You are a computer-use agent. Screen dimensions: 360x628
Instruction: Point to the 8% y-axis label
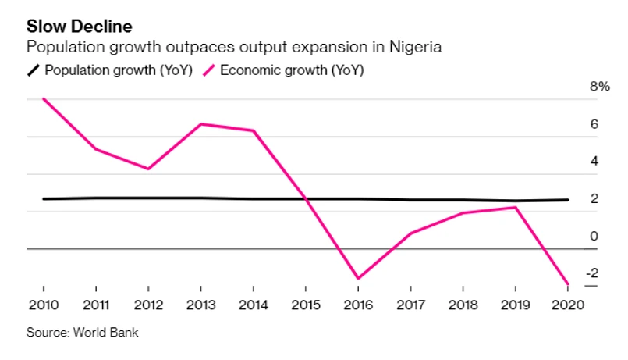click(x=598, y=87)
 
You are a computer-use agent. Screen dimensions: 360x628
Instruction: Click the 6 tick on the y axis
click(x=594, y=124)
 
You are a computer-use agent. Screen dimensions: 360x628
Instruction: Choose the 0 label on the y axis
click(x=594, y=236)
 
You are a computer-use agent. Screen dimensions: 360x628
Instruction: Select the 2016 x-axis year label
click(x=357, y=305)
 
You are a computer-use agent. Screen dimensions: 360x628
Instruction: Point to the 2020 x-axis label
click(x=567, y=305)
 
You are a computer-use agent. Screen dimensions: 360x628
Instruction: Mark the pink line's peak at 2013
click(x=200, y=124)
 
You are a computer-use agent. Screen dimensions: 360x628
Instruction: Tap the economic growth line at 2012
click(x=147, y=169)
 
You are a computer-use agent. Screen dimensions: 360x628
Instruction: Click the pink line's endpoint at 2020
click(x=567, y=283)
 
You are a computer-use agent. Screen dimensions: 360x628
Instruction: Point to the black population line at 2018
click(x=463, y=200)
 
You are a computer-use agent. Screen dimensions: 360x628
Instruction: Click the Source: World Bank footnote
click(x=83, y=332)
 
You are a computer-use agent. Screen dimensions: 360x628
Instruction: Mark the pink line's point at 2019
click(x=515, y=207)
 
